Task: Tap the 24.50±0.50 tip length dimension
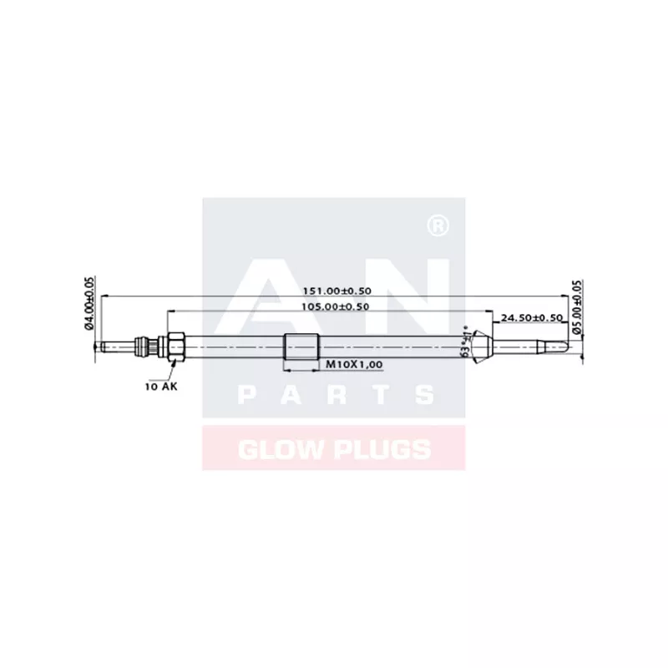click(532, 318)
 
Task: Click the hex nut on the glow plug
click(175, 346)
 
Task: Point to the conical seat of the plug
click(480, 345)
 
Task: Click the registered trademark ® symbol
click(434, 225)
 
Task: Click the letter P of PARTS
click(247, 395)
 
